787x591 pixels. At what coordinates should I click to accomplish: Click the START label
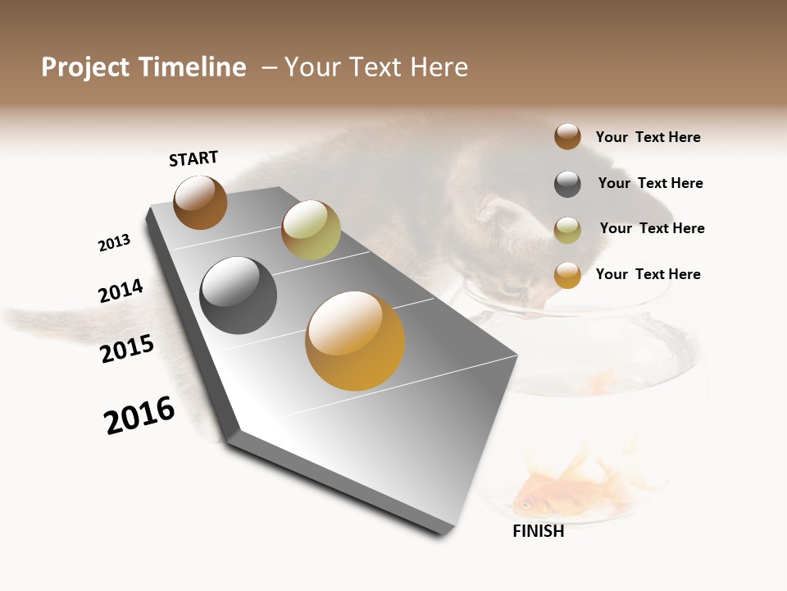point(193,158)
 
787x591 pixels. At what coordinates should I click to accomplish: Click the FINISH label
point(538,531)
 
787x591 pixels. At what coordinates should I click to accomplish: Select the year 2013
point(114,243)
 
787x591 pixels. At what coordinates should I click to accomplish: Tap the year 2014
point(121,291)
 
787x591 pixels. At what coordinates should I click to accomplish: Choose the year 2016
point(139,415)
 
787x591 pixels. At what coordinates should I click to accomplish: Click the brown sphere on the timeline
point(200,202)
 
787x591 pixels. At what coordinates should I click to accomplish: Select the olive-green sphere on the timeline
point(311,230)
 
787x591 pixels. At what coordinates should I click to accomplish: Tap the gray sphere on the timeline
point(238,295)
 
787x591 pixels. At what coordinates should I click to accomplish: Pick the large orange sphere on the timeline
point(355,341)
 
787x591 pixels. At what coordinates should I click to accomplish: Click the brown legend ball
point(567,136)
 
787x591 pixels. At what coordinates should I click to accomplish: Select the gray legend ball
point(567,184)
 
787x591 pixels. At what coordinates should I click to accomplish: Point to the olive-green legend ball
point(567,230)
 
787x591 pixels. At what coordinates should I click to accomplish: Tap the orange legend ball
point(567,275)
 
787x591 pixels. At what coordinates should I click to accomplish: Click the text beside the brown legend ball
point(648,137)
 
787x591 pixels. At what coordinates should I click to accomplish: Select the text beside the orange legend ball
point(648,274)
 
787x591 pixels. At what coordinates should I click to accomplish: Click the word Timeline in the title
point(193,67)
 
